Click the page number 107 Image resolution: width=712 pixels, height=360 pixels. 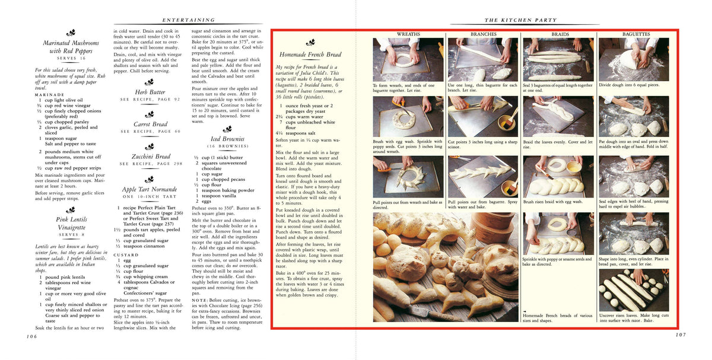(680, 334)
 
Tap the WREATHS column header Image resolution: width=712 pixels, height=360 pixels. (408, 34)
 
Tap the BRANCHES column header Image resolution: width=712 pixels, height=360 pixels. (483, 34)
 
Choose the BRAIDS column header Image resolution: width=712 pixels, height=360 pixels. (560, 34)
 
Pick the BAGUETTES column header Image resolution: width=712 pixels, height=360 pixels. (635, 34)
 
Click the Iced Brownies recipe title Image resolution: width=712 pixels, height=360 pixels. (227, 139)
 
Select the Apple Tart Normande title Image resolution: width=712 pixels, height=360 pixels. (150, 189)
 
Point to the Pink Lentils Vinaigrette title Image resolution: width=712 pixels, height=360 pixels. (71, 224)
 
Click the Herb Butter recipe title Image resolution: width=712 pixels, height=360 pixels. (150, 92)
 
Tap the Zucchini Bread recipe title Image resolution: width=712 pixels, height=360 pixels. (150, 157)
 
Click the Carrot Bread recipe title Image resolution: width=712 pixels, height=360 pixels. (150, 124)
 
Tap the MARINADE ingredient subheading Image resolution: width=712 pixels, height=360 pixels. (50, 94)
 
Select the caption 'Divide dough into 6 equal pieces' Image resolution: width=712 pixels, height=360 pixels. (628, 85)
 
